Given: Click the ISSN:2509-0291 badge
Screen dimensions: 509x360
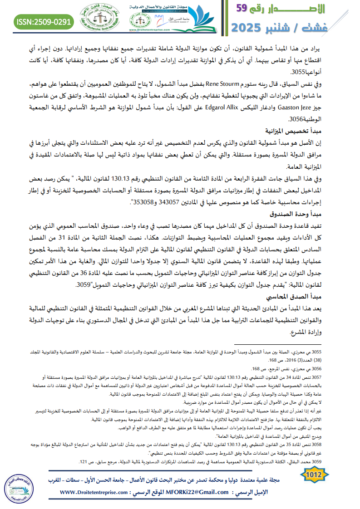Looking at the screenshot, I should [44, 21].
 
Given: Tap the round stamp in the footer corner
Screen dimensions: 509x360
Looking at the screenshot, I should [20, 486].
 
